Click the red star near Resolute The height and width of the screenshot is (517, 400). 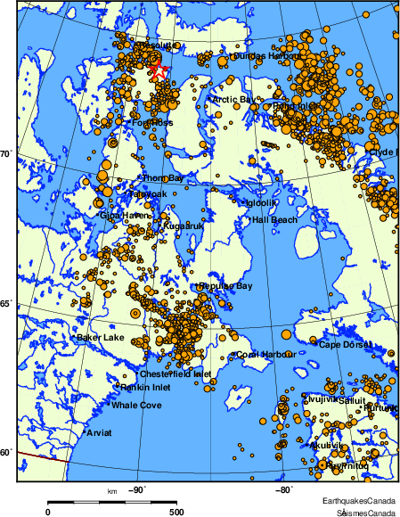pos(159,70)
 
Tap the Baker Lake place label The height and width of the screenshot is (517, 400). pos(101,338)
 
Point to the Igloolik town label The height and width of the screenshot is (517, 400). pos(264,202)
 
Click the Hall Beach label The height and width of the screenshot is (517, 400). pos(274,219)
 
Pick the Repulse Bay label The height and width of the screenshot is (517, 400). pos(226,285)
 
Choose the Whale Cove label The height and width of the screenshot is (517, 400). pos(136,406)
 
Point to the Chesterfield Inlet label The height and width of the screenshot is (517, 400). pos(176,373)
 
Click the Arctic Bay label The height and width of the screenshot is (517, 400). pos(235,99)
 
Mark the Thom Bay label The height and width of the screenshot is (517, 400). pos(163,178)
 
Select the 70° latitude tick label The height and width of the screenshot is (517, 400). pos(6,154)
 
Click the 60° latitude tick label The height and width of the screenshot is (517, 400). pos(6,452)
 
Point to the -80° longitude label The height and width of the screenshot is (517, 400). pos(282,488)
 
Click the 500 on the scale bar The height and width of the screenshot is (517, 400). pos(176,512)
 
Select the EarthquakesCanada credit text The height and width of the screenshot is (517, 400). pos(359,502)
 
